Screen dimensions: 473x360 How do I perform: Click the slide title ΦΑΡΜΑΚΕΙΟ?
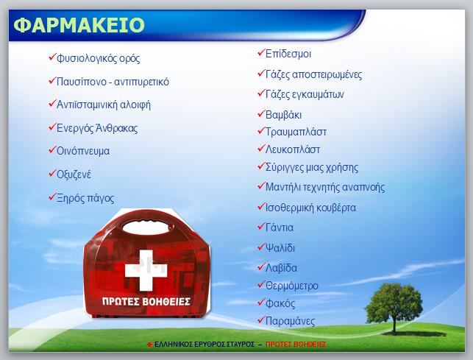[79, 25]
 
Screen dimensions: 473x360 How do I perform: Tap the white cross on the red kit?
[146, 269]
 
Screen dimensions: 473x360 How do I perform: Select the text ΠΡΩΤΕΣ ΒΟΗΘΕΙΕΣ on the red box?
[146, 301]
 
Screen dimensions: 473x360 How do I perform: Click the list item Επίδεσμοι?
[288, 54]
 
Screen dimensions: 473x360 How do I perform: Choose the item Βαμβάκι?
[283, 115]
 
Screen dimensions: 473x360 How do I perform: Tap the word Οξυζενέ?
[74, 174]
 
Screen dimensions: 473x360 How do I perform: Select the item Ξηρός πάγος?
[85, 198]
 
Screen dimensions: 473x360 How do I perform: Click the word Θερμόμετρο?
[292, 286]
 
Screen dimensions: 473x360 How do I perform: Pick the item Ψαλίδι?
[280, 247]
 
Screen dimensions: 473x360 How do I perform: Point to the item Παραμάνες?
[290, 321]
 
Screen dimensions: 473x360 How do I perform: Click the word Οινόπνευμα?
[83, 151]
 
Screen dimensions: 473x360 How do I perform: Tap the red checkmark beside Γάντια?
[261, 226]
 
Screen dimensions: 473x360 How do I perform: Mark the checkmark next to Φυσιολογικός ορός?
[52, 57]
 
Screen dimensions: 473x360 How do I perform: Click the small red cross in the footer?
[149, 345]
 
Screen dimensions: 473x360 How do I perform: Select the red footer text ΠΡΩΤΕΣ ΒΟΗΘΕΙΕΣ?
[296, 345]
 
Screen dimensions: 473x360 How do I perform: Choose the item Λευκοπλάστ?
[292, 149]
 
